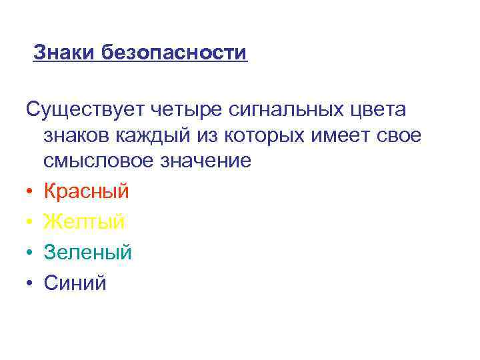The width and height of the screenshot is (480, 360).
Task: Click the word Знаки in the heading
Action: [65, 52]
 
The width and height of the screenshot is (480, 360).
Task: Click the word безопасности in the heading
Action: [175, 53]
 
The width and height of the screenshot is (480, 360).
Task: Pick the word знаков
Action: [78, 136]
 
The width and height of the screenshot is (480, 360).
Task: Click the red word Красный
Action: [87, 192]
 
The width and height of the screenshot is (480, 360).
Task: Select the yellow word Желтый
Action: [85, 222]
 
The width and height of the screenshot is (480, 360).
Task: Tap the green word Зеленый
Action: [88, 253]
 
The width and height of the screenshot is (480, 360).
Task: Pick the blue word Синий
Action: [75, 283]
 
